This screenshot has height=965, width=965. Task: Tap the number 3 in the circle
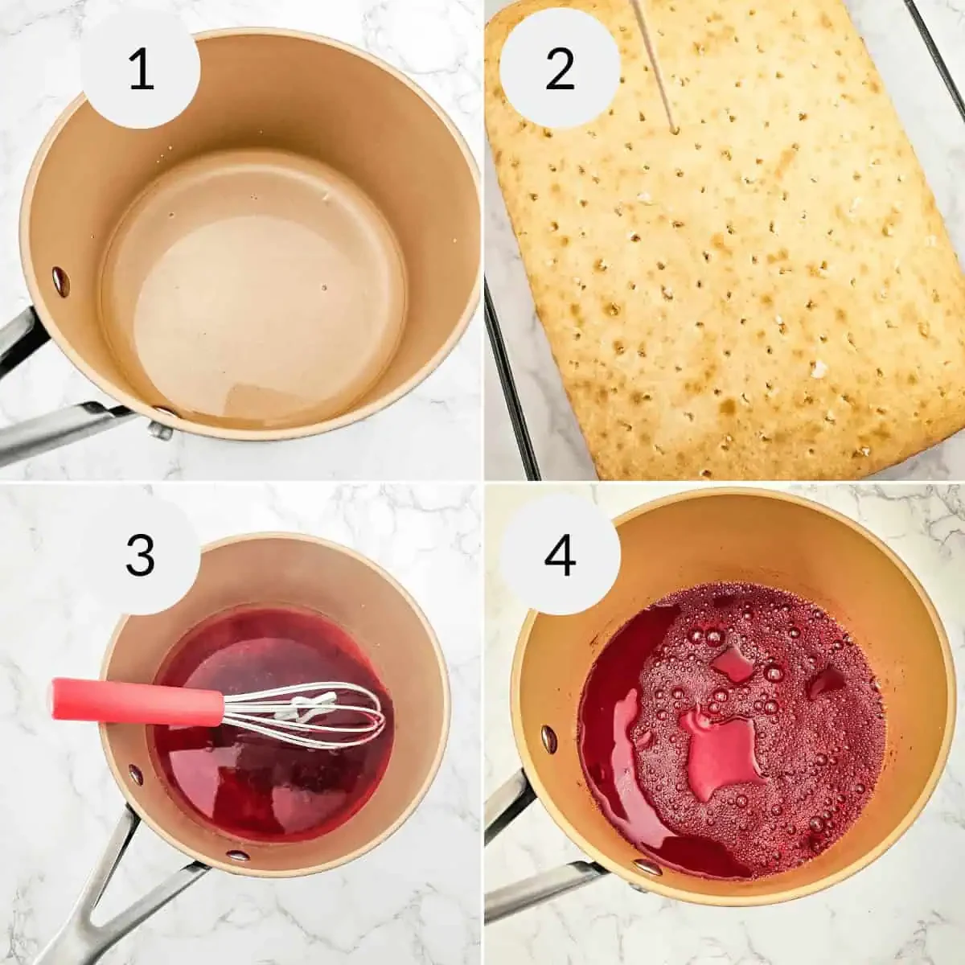click(x=140, y=554)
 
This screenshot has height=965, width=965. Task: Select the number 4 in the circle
click(x=560, y=554)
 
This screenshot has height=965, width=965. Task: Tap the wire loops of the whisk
click(x=322, y=715)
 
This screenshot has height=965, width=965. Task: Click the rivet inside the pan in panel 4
click(x=548, y=737)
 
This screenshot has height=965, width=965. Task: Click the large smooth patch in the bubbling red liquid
click(x=724, y=752)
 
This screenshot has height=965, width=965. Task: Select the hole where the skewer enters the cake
click(x=674, y=129)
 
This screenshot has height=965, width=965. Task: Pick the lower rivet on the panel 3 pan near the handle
click(x=237, y=854)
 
